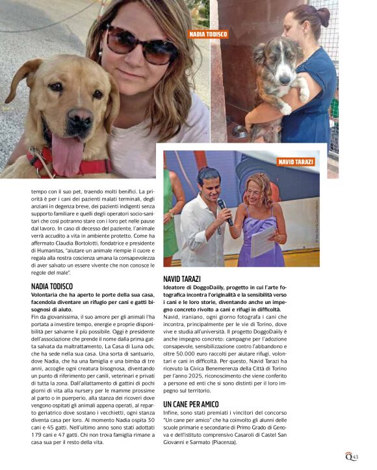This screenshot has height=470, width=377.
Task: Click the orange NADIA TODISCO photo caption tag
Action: click(x=208, y=34)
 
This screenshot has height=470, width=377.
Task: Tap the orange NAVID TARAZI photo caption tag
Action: click(x=296, y=161)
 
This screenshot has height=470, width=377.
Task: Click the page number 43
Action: click(x=355, y=457)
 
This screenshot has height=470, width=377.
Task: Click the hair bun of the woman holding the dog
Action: click(x=321, y=13)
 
